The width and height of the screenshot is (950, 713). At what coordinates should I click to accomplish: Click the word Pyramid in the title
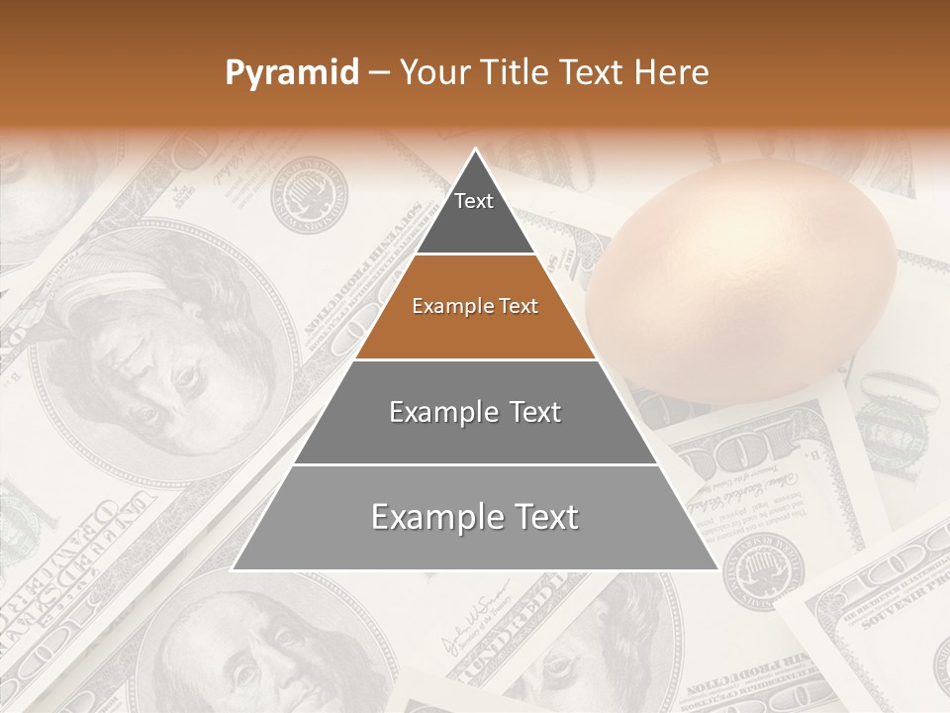pyautogui.click(x=292, y=73)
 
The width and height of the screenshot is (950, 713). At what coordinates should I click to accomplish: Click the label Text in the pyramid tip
pyautogui.click(x=474, y=201)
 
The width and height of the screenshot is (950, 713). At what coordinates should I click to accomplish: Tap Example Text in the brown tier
pyautogui.click(x=475, y=306)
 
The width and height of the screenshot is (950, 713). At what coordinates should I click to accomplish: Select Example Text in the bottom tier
pyautogui.click(x=475, y=517)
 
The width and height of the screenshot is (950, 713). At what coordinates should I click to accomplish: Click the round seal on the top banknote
pyautogui.click(x=309, y=198)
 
